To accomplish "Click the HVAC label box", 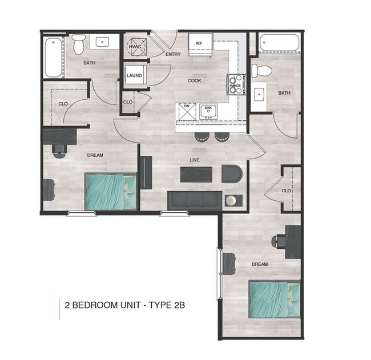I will coord(135,46).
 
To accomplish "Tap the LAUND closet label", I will coord(134,75).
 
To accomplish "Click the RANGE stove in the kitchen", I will coord(236,85).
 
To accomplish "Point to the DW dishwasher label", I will coord(186,106).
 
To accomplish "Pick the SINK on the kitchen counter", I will coord(207,108).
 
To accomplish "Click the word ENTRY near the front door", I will coord(173,55).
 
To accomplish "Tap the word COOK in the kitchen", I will coord(195,80).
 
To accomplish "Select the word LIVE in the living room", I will coord(195,160).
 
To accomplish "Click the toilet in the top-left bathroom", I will coord(79,44).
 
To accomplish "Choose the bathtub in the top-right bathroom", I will coord(279,43).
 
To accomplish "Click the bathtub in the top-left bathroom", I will coord(52,57).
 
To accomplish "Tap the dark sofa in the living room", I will coord(194,200).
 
